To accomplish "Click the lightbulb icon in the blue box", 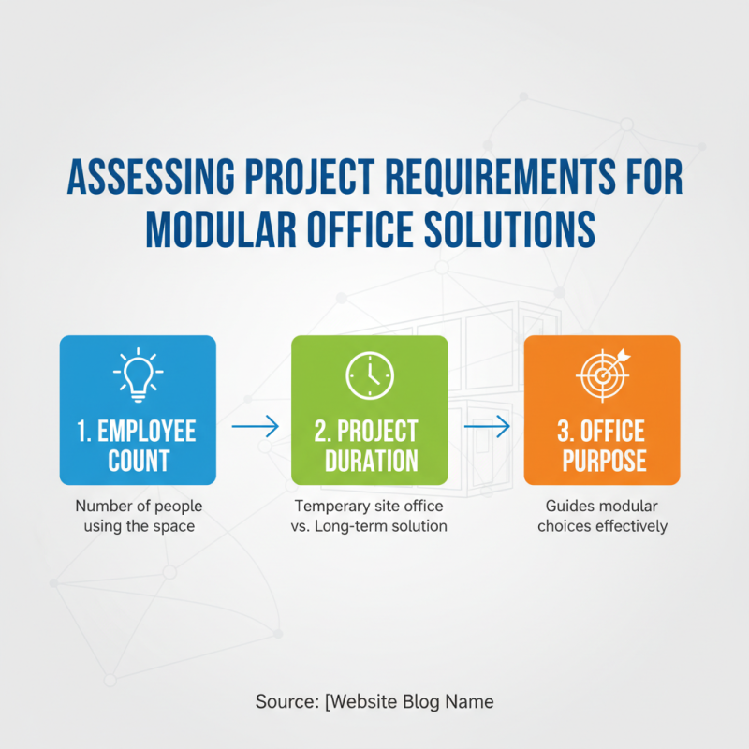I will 138,374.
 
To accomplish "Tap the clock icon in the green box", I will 370,374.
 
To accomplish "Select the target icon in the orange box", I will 602,374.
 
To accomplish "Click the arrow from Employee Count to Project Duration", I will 255,427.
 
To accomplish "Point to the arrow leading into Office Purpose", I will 487,427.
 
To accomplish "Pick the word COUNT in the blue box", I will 138,461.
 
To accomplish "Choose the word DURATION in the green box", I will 370,461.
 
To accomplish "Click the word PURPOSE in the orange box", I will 602,461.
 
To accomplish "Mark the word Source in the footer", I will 282,701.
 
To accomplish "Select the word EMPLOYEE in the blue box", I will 147,432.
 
